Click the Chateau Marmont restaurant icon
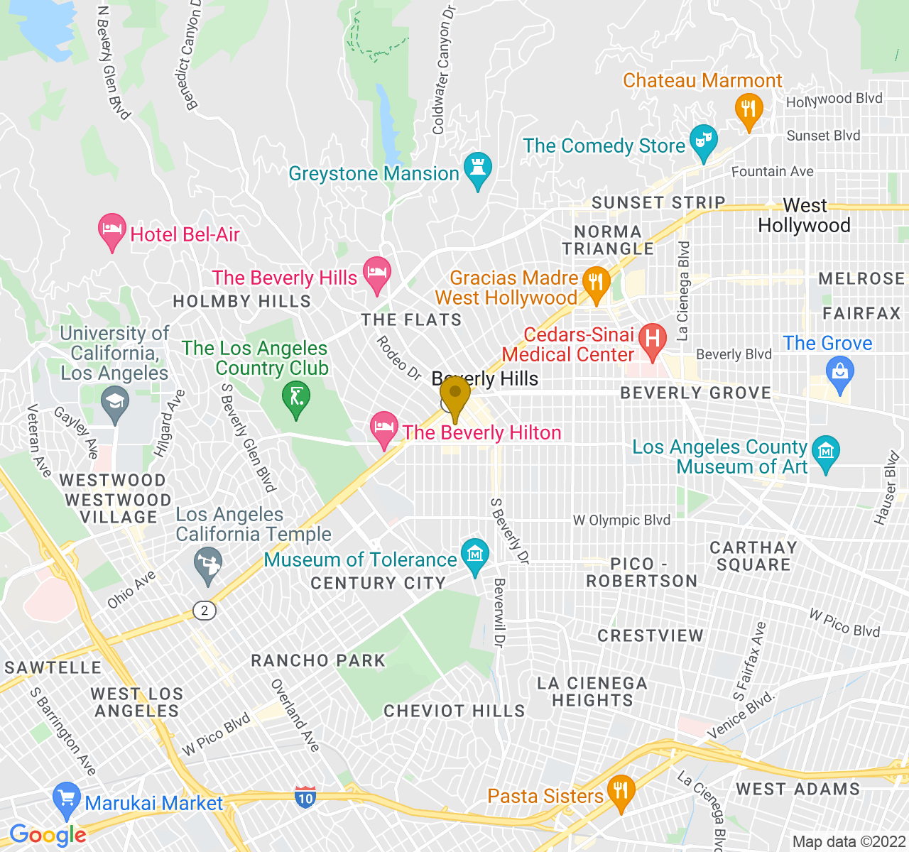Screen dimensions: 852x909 point(748,109)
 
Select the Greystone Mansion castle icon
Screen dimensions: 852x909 point(477,169)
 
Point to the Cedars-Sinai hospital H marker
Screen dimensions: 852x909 point(652,338)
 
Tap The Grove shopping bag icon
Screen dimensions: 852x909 point(840,373)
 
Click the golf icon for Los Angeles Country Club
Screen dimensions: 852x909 point(296,397)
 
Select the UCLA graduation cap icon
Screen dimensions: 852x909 point(114,403)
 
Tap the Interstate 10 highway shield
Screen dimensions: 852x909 point(305,797)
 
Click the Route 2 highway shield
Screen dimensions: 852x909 point(205,611)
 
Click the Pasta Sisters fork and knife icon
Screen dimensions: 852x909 point(621,791)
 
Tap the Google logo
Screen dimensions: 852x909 point(48,835)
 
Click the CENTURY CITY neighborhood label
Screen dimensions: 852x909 point(378,584)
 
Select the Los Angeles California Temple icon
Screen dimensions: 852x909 point(208,564)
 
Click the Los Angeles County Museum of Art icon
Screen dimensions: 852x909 point(825,452)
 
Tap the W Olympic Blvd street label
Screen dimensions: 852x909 point(621,520)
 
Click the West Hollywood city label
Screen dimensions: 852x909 point(804,216)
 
